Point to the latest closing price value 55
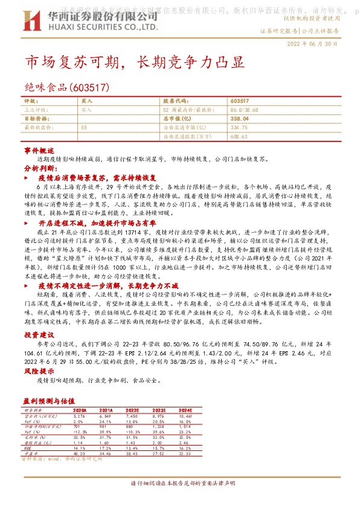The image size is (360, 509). click(x=83, y=128)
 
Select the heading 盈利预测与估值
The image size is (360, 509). click(x=48, y=400)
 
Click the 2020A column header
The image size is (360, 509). click(x=80, y=409)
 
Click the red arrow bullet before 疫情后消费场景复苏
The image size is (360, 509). click(x=25, y=179)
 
